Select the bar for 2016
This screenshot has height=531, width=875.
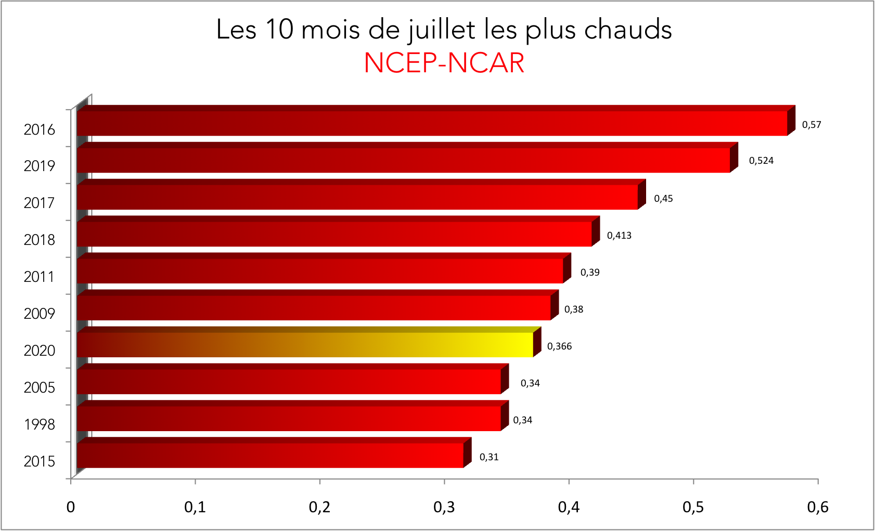(x=432, y=123)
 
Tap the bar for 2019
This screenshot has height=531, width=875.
(x=403, y=160)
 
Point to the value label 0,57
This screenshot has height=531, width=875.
(x=812, y=125)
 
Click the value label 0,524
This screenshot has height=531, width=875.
(x=761, y=161)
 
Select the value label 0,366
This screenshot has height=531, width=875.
(x=559, y=346)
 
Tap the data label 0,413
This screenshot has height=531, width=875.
(x=619, y=236)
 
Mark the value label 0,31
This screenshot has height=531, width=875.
(x=489, y=457)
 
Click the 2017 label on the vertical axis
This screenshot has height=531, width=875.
(x=39, y=203)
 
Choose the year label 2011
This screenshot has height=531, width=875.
(x=39, y=277)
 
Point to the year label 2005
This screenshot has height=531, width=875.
(x=39, y=387)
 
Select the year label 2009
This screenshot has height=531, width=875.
(x=39, y=314)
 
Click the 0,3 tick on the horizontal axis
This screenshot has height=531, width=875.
(x=444, y=507)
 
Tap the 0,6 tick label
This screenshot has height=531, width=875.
(x=817, y=507)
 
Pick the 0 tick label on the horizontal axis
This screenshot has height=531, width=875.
(x=71, y=507)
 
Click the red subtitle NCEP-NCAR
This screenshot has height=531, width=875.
(x=444, y=63)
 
